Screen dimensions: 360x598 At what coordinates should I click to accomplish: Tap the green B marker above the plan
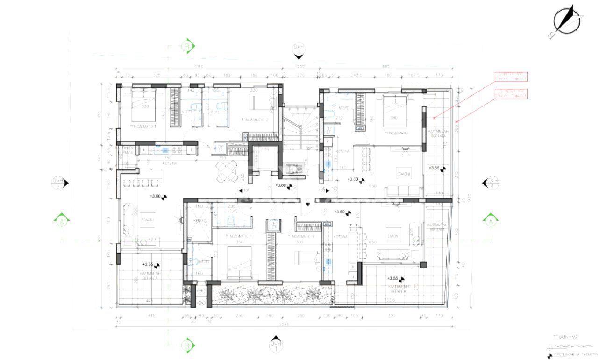(x=187, y=46)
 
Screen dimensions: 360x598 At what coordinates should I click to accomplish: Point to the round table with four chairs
(x=226, y=172)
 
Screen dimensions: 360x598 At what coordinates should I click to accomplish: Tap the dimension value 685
(x=386, y=66)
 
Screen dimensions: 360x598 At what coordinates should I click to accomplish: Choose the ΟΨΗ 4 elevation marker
(x=492, y=183)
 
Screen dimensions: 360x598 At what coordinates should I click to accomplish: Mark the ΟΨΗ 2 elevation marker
(x=59, y=183)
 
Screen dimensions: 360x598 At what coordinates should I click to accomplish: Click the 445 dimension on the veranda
(x=150, y=300)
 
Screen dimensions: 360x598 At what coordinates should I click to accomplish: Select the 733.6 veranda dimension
(x=389, y=300)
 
